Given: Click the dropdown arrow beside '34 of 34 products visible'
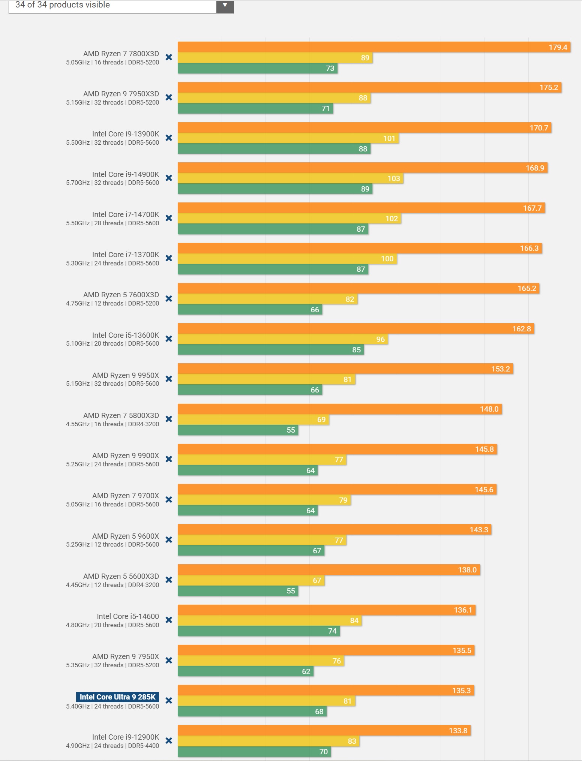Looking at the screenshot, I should pyautogui.click(x=225, y=6).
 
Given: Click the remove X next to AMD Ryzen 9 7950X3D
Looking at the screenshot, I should pyautogui.click(x=169, y=97).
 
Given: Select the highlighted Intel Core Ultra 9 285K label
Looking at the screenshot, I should pyautogui.click(x=117, y=697).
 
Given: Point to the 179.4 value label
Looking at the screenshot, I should pyautogui.click(x=558, y=47).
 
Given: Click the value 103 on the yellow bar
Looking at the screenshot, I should pyautogui.click(x=393, y=178).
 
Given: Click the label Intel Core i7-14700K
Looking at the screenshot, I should pyautogui.click(x=126, y=214).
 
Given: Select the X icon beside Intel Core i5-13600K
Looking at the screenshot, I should pyautogui.click(x=169, y=339).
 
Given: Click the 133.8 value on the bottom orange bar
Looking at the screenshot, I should pyautogui.click(x=458, y=731).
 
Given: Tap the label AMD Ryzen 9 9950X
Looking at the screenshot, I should pyautogui.click(x=126, y=375).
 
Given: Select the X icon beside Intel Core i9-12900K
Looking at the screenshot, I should pyautogui.click(x=169, y=741).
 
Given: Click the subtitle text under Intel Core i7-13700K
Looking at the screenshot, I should pyautogui.click(x=112, y=263).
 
